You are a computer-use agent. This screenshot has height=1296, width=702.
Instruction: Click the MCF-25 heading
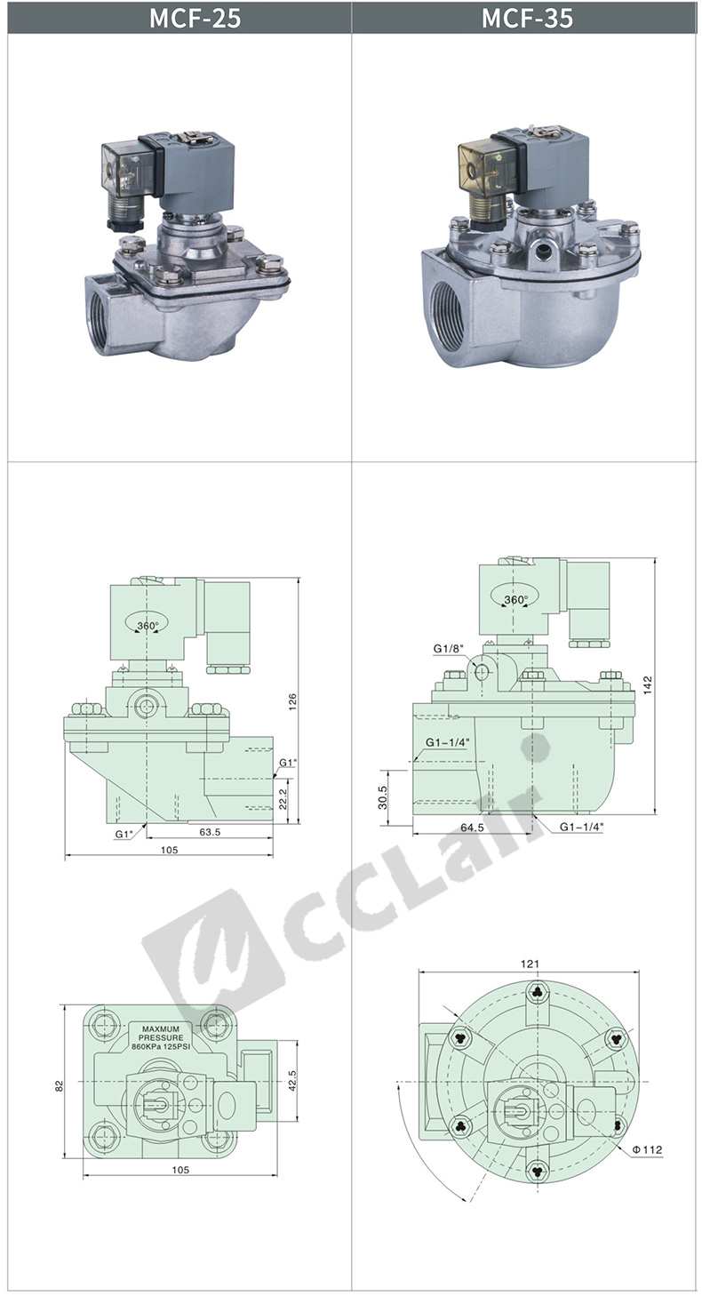click(195, 19)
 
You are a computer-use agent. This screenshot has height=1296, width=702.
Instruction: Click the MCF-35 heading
click(527, 19)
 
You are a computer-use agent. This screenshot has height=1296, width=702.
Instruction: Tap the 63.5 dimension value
click(210, 832)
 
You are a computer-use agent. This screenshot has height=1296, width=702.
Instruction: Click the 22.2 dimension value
click(283, 799)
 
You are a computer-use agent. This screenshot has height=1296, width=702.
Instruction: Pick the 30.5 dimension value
click(383, 797)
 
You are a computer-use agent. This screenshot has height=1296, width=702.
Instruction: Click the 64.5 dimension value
click(473, 828)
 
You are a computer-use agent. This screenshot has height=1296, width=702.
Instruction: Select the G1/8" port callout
click(449, 649)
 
